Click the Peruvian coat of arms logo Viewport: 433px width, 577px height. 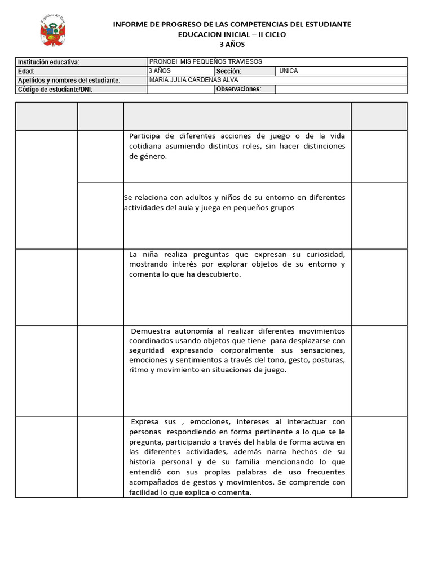[x=54, y=31]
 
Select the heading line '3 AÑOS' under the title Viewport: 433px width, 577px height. [x=232, y=45]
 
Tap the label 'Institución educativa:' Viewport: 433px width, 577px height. [x=48, y=62]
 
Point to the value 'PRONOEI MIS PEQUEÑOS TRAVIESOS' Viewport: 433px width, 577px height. [x=205, y=61]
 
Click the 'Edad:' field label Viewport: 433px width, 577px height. [x=26, y=72]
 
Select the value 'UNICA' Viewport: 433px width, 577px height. [x=288, y=71]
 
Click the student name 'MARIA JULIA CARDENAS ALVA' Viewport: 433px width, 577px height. [x=190, y=80]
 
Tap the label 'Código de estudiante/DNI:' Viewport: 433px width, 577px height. [x=55, y=90]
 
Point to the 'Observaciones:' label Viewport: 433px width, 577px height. [x=238, y=89]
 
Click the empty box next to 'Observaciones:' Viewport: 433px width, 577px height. [x=341, y=89]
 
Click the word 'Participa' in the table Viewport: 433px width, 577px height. [x=145, y=136]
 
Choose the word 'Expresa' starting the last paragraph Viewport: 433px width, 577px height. [x=145, y=421]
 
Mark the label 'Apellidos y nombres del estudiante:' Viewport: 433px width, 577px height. [x=69, y=81]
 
